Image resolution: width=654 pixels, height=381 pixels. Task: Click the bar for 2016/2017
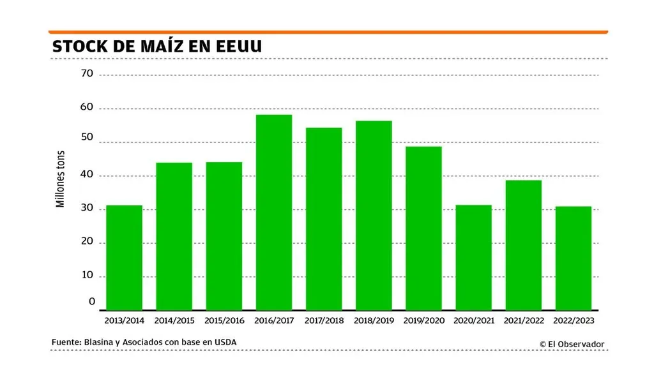(x=273, y=213)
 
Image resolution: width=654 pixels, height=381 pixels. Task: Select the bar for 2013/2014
(x=124, y=258)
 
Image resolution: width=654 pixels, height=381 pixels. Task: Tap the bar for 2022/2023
(x=573, y=258)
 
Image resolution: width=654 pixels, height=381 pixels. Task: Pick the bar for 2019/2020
(x=423, y=228)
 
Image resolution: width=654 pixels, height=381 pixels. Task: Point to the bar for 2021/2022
(x=523, y=245)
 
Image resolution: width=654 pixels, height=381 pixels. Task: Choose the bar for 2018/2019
(x=374, y=216)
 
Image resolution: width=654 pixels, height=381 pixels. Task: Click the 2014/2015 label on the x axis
(x=174, y=320)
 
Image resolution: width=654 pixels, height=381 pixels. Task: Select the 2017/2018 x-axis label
(x=323, y=320)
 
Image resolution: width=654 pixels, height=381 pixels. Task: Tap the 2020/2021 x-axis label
(x=473, y=320)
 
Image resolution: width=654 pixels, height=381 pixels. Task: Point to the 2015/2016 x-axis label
(x=224, y=320)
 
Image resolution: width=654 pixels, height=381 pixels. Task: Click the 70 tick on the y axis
(x=87, y=74)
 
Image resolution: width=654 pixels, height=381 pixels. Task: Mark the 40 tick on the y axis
(x=87, y=175)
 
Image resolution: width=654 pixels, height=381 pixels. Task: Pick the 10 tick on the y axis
(x=87, y=276)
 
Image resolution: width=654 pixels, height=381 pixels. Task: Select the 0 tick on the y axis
(x=91, y=302)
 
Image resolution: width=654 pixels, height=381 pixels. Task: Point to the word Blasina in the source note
(x=98, y=343)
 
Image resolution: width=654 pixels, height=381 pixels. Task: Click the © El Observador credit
(x=571, y=344)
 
